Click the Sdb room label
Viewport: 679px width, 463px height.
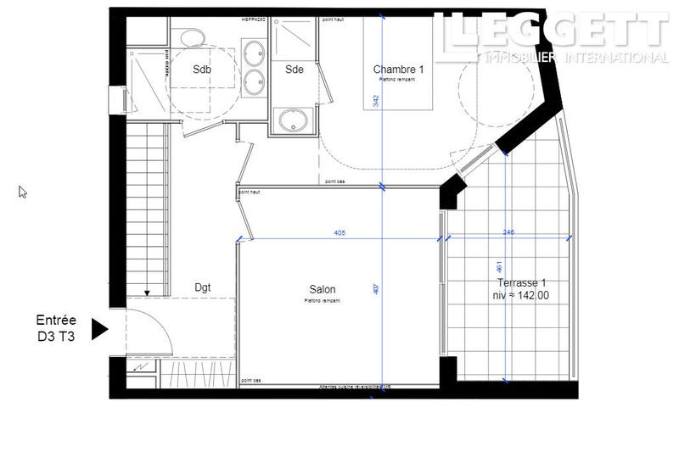pyautogui.click(x=202, y=70)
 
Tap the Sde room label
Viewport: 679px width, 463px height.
pyautogui.click(x=295, y=70)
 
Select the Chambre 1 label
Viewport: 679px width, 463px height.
pyautogui.click(x=398, y=70)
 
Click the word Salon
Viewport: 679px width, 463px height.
pyautogui.click(x=319, y=289)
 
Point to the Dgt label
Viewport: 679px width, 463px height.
pyautogui.click(x=202, y=287)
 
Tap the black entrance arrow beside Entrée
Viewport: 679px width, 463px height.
pyautogui.click(x=99, y=329)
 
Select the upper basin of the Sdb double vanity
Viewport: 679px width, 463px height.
pyautogui.click(x=252, y=52)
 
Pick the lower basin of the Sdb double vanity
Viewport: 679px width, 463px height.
pyautogui.click(x=252, y=81)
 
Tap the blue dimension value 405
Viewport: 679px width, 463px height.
pyautogui.click(x=339, y=233)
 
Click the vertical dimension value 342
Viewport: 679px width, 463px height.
pyautogui.click(x=375, y=100)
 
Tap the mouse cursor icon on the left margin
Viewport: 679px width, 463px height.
pyautogui.click(x=23, y=192)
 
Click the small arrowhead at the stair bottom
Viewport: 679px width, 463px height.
pyautogui.click(x=147, y=293)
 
